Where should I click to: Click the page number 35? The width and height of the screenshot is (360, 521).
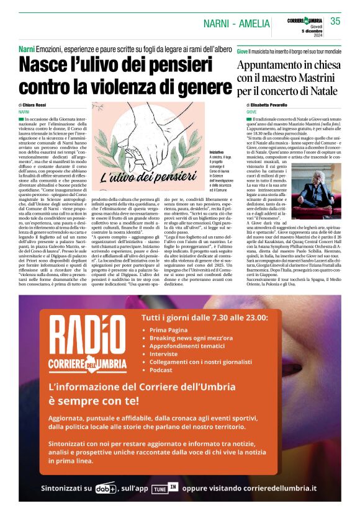point(335,21)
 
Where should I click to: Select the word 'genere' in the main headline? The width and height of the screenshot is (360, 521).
point(196,86)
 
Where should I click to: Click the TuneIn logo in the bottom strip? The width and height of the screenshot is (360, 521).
point(193,487)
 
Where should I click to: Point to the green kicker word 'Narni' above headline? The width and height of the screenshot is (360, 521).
point(26,49)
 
